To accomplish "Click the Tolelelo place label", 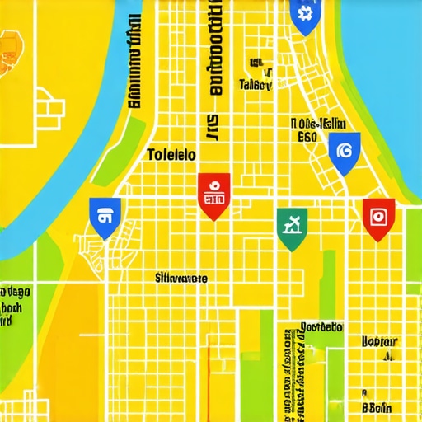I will click(171, 154).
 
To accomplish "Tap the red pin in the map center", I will click(212, 195).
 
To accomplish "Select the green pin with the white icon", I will click(292, 227).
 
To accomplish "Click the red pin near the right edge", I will click(377, 218).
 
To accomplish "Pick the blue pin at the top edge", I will click(303, 15).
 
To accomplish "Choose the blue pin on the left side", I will click(104, 217).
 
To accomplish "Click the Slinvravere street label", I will click(181, 279).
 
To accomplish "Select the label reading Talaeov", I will click(256, 84).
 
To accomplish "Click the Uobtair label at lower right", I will click(380, 340).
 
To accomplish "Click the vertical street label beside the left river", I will click(132, 66).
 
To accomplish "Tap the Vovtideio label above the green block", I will click(320, 326).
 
